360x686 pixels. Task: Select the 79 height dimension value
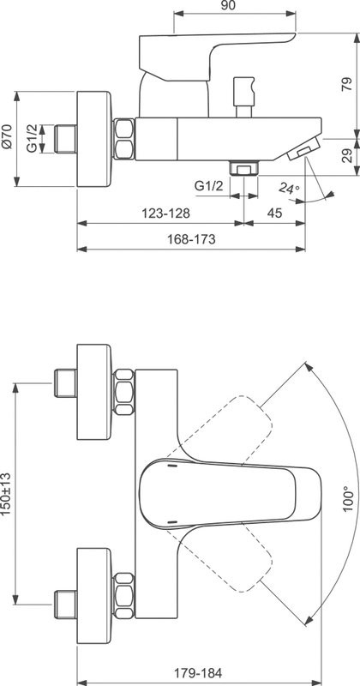[x=347, y=84]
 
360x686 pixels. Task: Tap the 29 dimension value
[x=347, y=155]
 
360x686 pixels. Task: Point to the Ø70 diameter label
[x=9, y=137]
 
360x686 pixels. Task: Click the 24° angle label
[x=290, y=188]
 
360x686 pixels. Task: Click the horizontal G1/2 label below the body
[x=208, y=185]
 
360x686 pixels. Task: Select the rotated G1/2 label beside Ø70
[x=32, y=137]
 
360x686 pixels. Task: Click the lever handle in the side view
[x=214, y=51]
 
